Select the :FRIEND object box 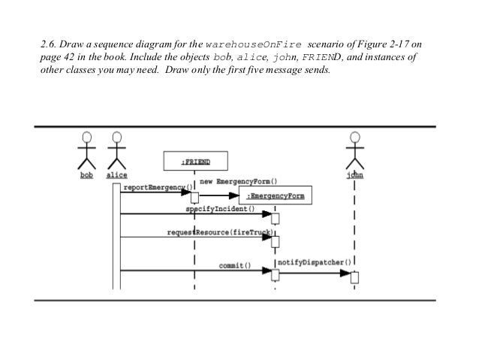pyautogui.click(x=194, y=162)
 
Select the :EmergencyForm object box pyautogui.click(x=276, y=197)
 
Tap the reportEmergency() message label pyautogui.click(x=156, y=187)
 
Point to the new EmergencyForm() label pyautogui.click(x=237, y=181)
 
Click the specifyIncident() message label pyautogui.click(x=220, y=209)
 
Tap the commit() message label pyautogui.click(x=234, y=265)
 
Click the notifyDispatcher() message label pyautogui.click(x=315, y=262)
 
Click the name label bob pyautogui.click(x=87, y=175)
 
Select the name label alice pyautogui.click(x=116, y=175)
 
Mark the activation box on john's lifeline pyautogui.click(x=355, y=277)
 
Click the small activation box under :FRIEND pyautogui.click(x=194, y=198)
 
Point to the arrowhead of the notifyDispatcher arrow pyautogui.click(x=348, y=273)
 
